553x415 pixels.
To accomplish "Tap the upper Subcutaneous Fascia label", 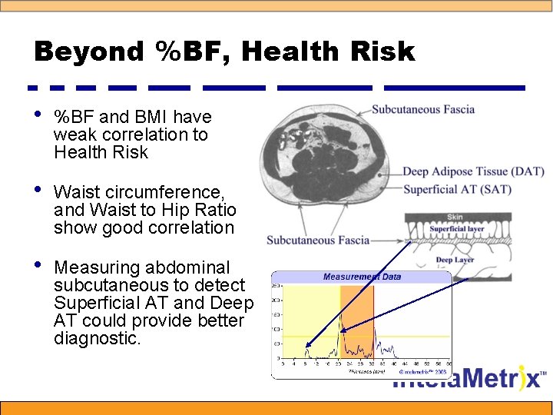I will [x=423, y=110].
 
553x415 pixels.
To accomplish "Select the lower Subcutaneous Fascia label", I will [x=318, y=241].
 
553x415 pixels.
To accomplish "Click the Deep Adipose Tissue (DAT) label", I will [x=473, y=172].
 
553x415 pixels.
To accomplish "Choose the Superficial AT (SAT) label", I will [x=457, y=189].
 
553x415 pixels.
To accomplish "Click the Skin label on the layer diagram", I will [x=455, y=217].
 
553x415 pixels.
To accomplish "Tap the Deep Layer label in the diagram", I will [x=455, y=260].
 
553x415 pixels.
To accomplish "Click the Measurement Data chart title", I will [x=362, y=277].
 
